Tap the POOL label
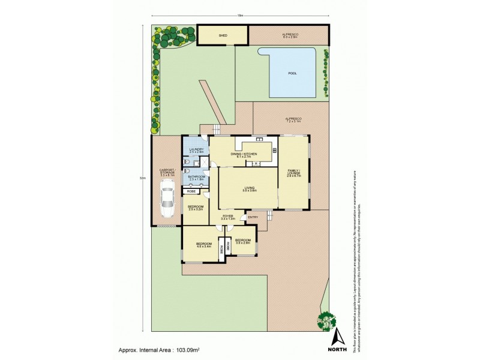292,73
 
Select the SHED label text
223,35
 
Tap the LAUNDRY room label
196,149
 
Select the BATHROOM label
197,176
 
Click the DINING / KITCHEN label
244,154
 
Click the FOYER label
228,216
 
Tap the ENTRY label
253,217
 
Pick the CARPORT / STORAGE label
166,172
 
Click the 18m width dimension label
240,16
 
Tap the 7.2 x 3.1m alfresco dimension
292,122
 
